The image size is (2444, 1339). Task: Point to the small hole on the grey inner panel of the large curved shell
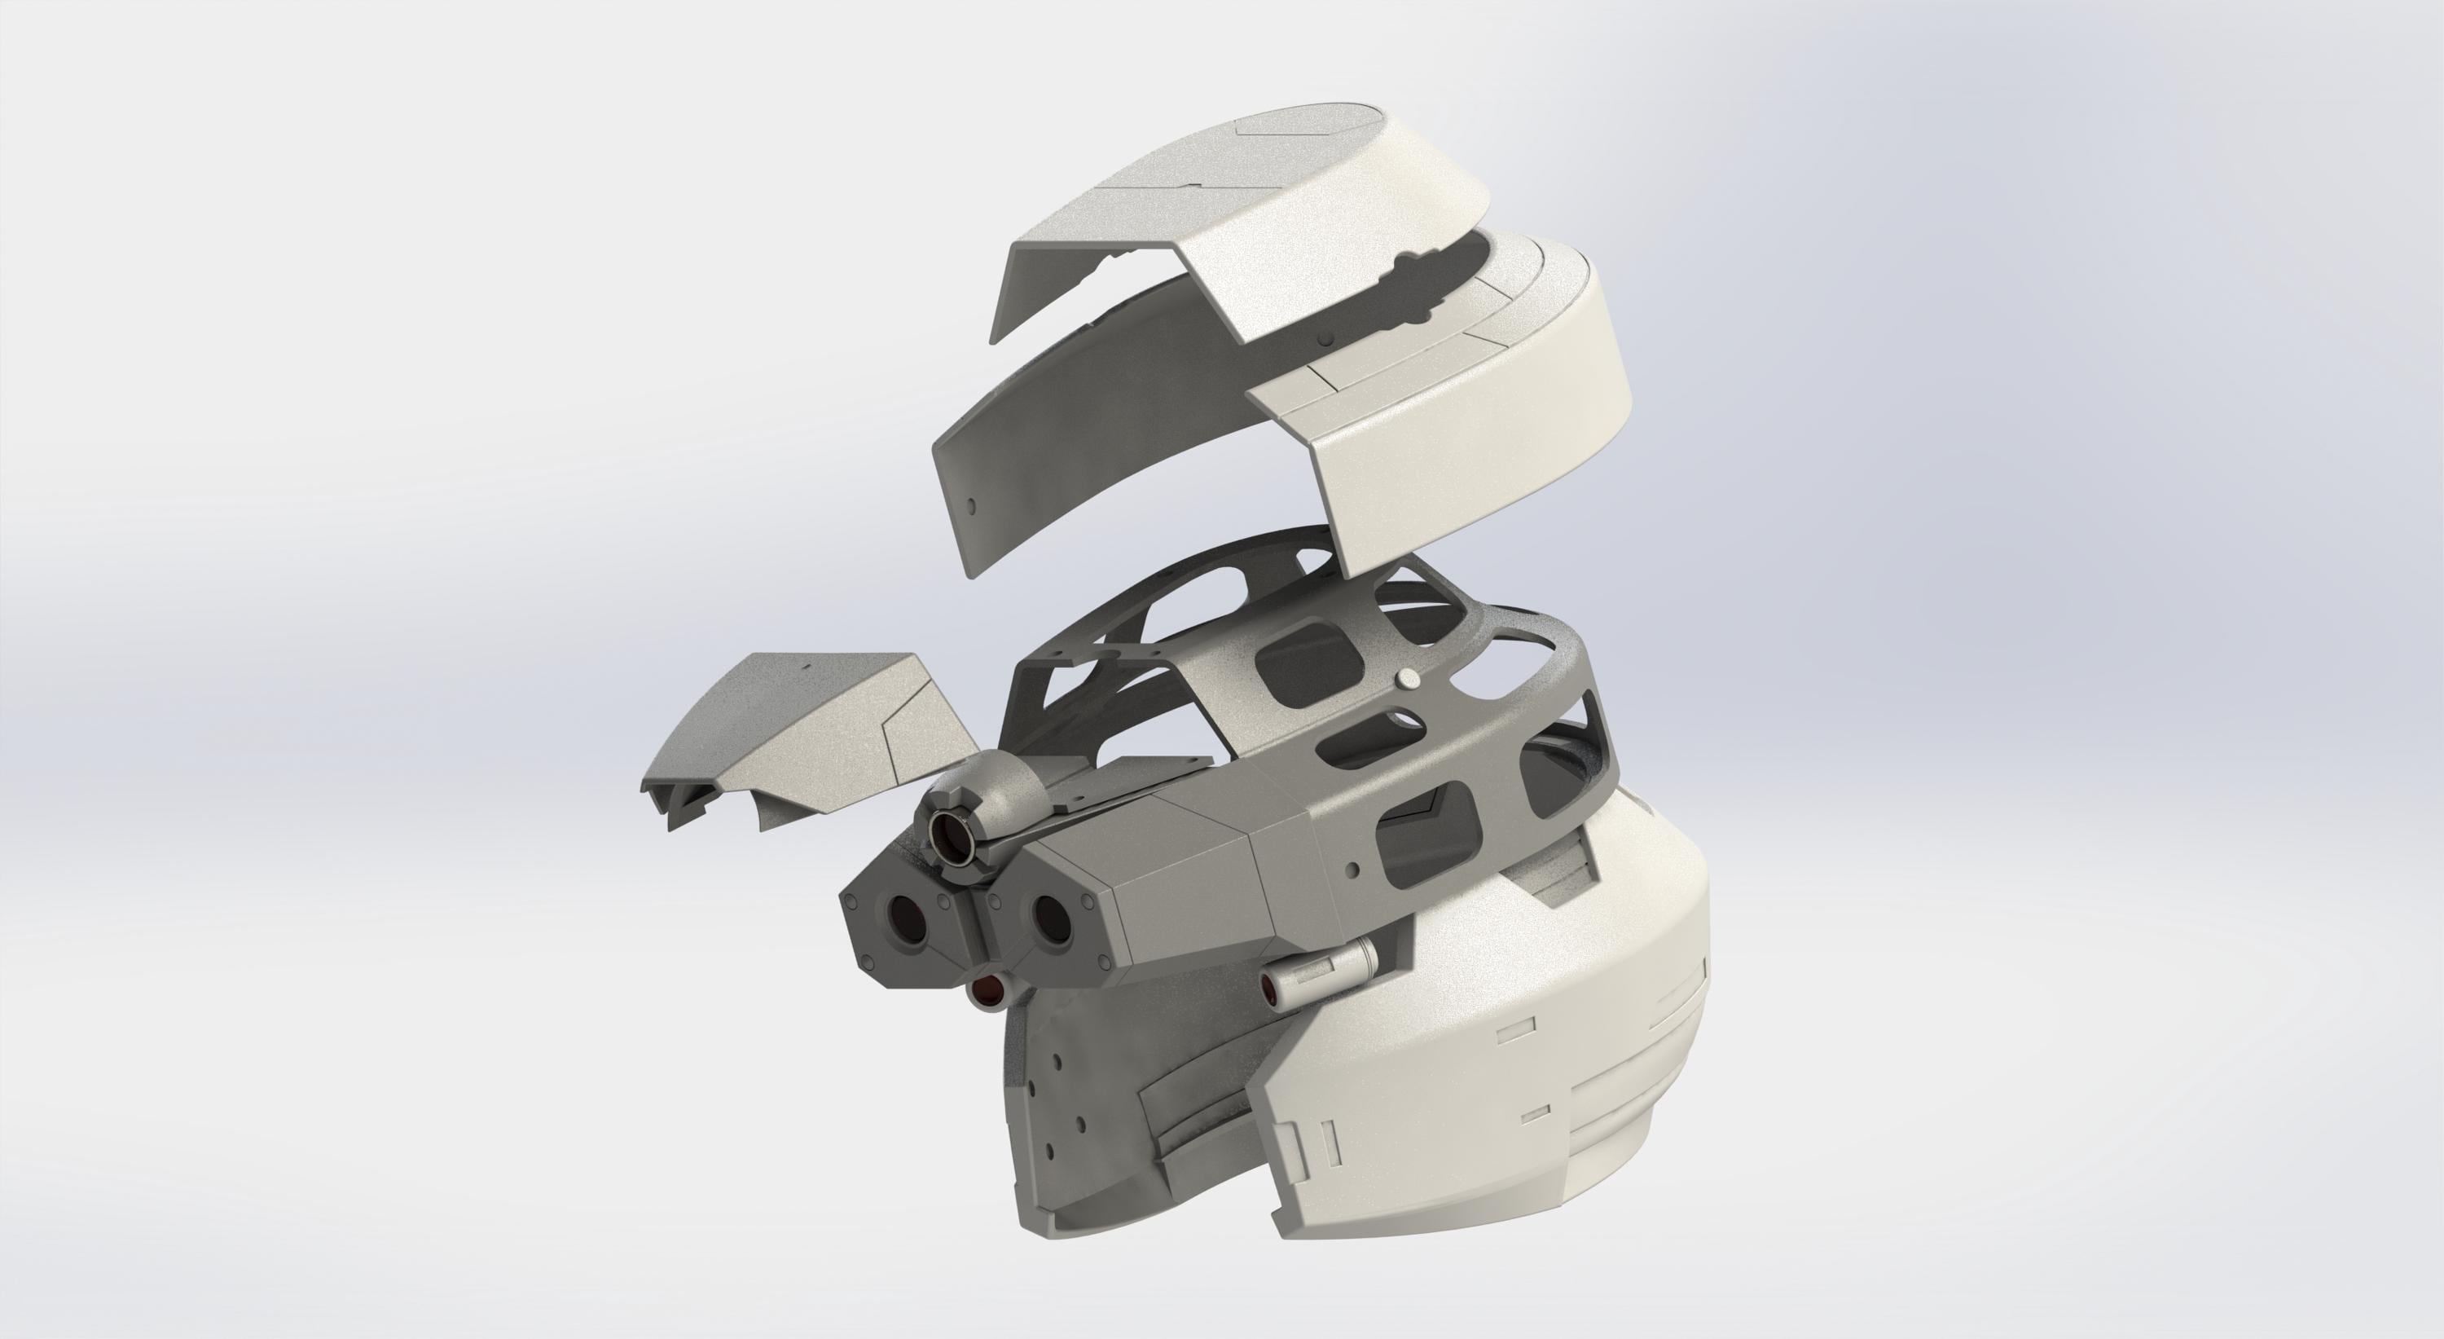[969, 503]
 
